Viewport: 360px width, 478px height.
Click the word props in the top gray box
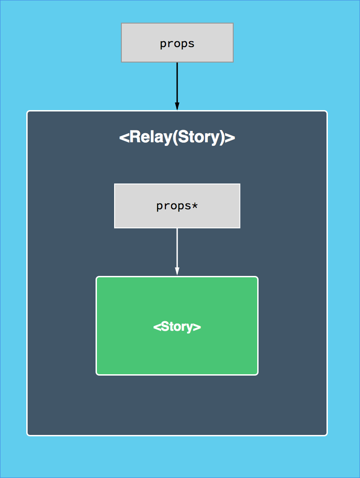(177, 44)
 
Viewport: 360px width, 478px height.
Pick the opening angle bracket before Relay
(124, 137)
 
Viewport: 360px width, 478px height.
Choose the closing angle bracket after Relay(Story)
(230, 137)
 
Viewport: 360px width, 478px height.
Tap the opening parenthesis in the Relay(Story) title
(174, 137)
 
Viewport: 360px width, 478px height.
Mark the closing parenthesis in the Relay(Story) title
(222, 137)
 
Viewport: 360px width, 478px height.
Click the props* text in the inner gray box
(177, 206)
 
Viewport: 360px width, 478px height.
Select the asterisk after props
(195, 205)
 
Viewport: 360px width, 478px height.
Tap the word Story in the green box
(177, 327)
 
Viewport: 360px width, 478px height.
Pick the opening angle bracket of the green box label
(157, 327)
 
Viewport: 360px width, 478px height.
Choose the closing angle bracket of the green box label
(197, 327)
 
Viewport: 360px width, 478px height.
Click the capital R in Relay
(134, 137)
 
